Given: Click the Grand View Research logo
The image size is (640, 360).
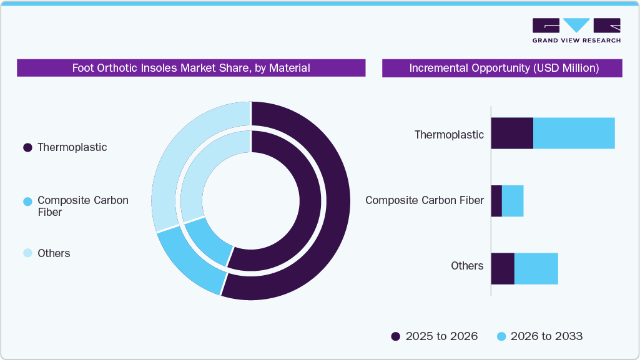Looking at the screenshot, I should (x=576, y=30).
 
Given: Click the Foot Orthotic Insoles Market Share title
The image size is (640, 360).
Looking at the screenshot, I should (x=191, y=68).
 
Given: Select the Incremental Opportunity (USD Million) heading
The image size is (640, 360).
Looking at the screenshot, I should (x=503, y=68).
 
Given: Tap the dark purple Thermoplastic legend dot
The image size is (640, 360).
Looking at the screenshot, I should (x=27, y=148).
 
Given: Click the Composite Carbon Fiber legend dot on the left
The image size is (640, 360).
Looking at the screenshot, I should (x=27, y=202).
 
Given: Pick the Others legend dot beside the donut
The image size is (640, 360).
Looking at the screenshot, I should (x=27, y=253).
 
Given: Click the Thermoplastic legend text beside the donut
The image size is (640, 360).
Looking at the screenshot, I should (x=72, y=147).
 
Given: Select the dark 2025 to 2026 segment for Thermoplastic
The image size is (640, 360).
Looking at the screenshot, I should (x=512, y=133).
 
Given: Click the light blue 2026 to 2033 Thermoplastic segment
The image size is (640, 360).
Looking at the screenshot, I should (x=574, y=133).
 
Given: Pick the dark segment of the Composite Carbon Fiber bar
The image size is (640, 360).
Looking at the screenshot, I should (x=496, y=201).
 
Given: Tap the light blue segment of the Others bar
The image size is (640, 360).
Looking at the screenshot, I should (x=536, y=269).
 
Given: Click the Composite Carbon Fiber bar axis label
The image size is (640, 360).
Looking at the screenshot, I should (x=425, y=200).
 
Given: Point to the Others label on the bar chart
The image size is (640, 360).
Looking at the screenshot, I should (x=467, y=266).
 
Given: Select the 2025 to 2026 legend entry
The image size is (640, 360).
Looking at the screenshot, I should (x=435, y=336).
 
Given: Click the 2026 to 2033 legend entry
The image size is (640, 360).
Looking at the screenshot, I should (x=539, y=336).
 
